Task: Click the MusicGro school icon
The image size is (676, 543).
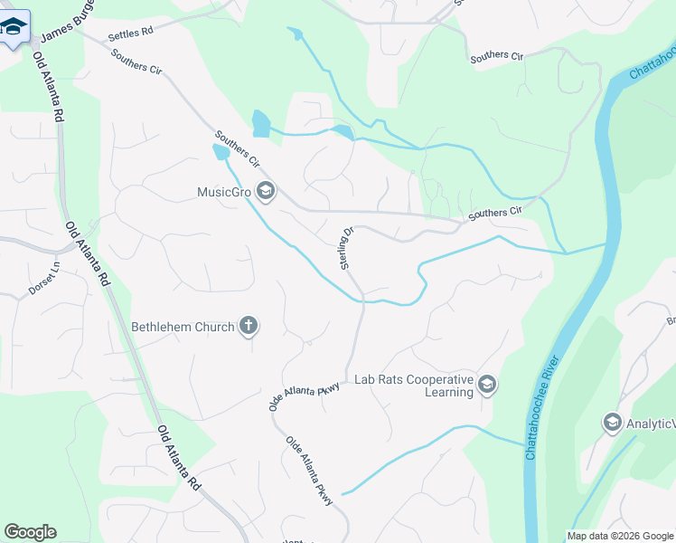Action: tap(266, 192)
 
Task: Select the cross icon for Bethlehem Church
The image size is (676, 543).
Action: tap(249, 327)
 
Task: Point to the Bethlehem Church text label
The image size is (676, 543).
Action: tap(183, 327)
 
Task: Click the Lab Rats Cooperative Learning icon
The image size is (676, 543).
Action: tap(487, 385)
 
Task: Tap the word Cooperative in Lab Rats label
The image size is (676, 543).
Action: tap(437, 379)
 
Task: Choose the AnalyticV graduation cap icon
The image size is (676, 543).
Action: tap(612, 422)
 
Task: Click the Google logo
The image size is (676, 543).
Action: tap(30, 532)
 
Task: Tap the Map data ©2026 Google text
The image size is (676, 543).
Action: tap(620, 536)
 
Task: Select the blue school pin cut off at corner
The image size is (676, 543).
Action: tap(14, 26)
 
